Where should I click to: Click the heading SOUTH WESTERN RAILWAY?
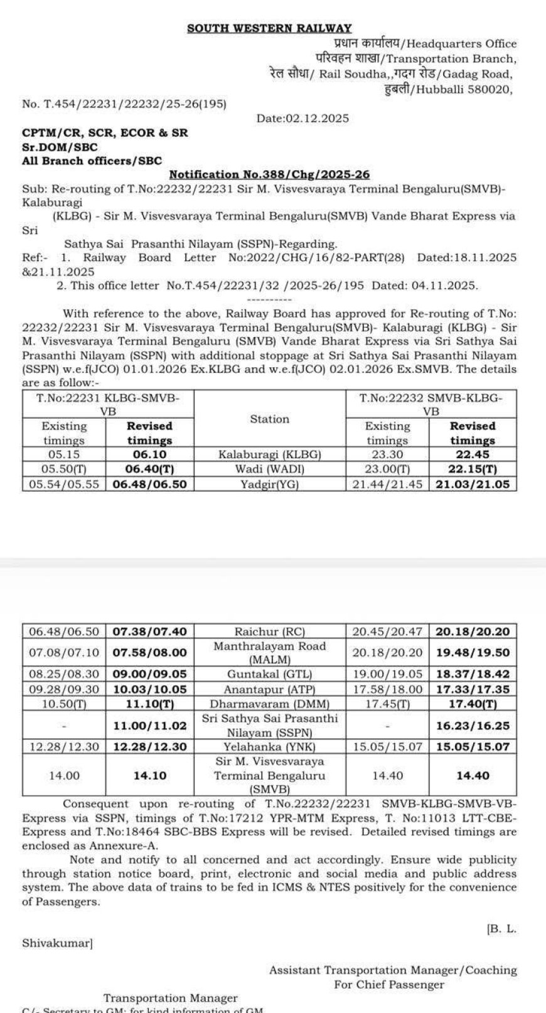[x=269, y=28]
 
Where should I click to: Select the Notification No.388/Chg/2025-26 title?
[x=274, y=174]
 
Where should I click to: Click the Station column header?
[x=269, y=419]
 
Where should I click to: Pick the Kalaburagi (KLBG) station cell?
[x=269, y=454]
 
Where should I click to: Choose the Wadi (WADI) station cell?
[x=269, y=469]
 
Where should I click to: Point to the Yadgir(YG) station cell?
[x=269, y=485]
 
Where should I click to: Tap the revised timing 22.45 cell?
[x=472, y=454]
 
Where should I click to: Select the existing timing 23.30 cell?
[x=387, y=454]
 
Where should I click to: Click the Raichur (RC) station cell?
[x=269, y=631]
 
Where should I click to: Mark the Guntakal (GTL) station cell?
[x=269, y=674]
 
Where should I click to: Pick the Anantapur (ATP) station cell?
[x=269, y=689]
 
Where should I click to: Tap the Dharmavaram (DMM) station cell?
[x=269, y=704]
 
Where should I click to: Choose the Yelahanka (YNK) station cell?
[x=269, y=747]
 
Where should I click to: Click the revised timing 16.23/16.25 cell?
[x=472, y=726]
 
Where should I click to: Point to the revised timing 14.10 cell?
[x=150, y=776]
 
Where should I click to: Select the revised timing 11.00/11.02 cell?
[x=150, y=726]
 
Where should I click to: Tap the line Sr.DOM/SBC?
[x=60, y=147]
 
